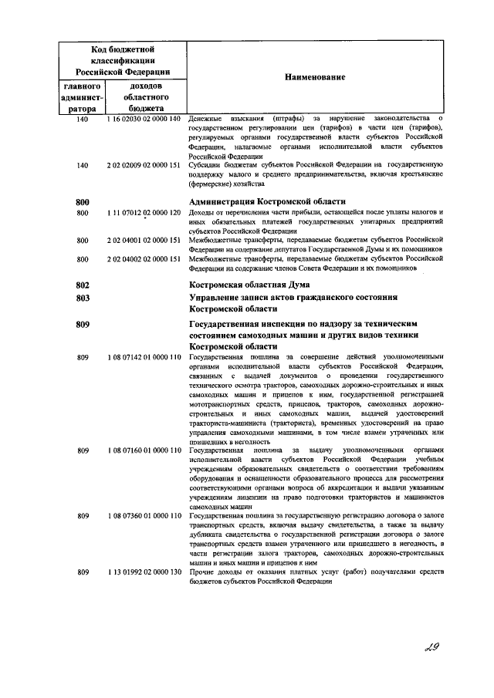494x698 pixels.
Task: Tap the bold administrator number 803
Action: click(84, 298)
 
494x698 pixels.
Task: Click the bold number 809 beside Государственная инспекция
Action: click(84, 325)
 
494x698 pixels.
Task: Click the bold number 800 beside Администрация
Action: click(84, 201)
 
